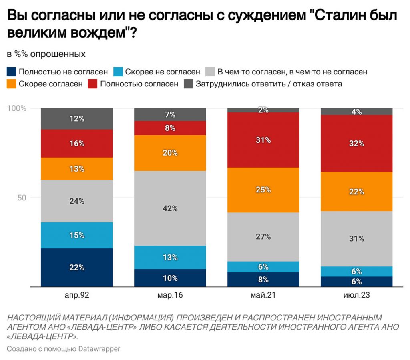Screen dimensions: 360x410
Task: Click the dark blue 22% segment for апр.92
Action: pos(76,267)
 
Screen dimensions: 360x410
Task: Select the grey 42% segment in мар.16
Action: pos(170,208)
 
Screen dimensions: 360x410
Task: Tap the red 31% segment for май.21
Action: pos(263,140)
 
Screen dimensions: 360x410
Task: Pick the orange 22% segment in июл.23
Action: pos(356,191)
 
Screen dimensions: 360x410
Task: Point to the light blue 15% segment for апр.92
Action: pos(76,235)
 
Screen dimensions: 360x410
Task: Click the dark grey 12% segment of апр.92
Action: pos(76,118)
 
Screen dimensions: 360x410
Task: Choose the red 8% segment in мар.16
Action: pos(170,128)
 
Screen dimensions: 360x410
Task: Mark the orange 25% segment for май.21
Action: pos(263,190)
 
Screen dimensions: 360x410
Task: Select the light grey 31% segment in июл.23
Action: pos(356,238)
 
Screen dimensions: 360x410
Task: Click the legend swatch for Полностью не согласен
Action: pos(11,72)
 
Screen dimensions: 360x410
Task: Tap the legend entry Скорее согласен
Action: pos(50,84)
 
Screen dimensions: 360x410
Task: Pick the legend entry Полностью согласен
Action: pos(139,84)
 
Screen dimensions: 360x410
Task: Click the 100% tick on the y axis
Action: pos(17,108)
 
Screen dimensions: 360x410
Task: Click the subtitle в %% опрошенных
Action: pos(46,54)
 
